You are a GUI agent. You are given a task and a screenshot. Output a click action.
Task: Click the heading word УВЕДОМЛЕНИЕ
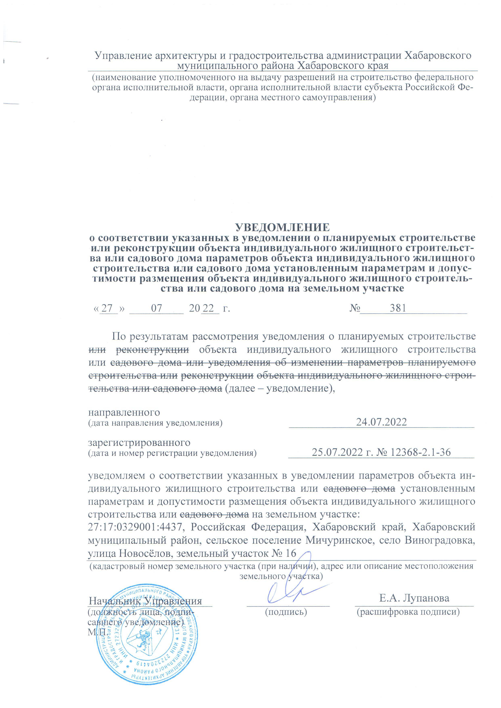click(x=282, y=227)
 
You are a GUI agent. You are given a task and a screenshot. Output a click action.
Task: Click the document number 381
click(x=398, y=308)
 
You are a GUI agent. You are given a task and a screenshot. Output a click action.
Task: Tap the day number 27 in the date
click(x=107, y=308)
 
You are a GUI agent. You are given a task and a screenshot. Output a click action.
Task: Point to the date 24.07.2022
click(x=381, y=422)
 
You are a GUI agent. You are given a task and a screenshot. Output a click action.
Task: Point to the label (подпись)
click(x=286, y=612)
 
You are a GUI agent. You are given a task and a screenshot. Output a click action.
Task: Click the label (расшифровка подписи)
click(x=408, y=612)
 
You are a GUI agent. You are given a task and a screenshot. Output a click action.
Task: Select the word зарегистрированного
click(x=139, y=443)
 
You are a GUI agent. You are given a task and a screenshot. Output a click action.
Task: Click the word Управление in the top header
click(x=123, y=56)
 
